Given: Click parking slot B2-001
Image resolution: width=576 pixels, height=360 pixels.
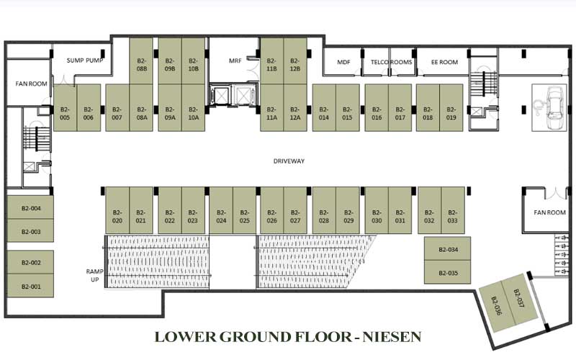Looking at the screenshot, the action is click(x=30, y=285).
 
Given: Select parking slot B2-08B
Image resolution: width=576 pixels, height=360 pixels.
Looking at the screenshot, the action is click(x=141, y=61).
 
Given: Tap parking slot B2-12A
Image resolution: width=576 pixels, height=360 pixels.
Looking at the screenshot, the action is click(x=295, y=107).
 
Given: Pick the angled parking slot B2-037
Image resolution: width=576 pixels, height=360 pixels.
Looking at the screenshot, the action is click(x=519, y=299).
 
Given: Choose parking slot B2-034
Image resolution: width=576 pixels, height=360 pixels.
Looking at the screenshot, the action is click(x=447, y=248).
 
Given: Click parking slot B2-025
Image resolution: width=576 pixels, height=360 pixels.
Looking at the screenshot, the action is click(x=244, y=210).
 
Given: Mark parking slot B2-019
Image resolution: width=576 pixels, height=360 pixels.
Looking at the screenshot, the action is click(x=451, y=107).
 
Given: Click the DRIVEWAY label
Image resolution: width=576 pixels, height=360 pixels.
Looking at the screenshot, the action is click(x=289, y=161).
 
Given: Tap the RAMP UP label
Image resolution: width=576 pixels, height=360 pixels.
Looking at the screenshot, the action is click(x=95, y=276).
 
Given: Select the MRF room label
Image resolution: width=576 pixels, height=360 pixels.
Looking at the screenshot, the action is click(x=235, y=60).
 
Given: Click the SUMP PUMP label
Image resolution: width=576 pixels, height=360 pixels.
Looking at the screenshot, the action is click(x=85, y=60).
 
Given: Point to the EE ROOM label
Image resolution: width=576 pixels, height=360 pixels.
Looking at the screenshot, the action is click(x=444, y=62).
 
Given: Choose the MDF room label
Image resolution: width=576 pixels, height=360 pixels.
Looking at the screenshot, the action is click(x=343, y=62).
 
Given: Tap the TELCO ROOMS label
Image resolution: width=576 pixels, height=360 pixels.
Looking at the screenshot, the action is click(x=391, y=62).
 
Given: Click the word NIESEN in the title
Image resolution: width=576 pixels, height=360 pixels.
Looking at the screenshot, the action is click(x=392, y=336).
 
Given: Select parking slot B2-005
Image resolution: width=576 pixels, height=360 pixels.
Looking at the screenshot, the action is click(x=65, y=107).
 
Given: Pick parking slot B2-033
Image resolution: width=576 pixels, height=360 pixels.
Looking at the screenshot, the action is click(x=453, y=210).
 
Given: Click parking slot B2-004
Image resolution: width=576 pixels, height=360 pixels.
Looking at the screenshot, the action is click(x=30, y=207).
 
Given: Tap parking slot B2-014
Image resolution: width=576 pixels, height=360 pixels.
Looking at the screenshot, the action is click(x=323, y=107).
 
